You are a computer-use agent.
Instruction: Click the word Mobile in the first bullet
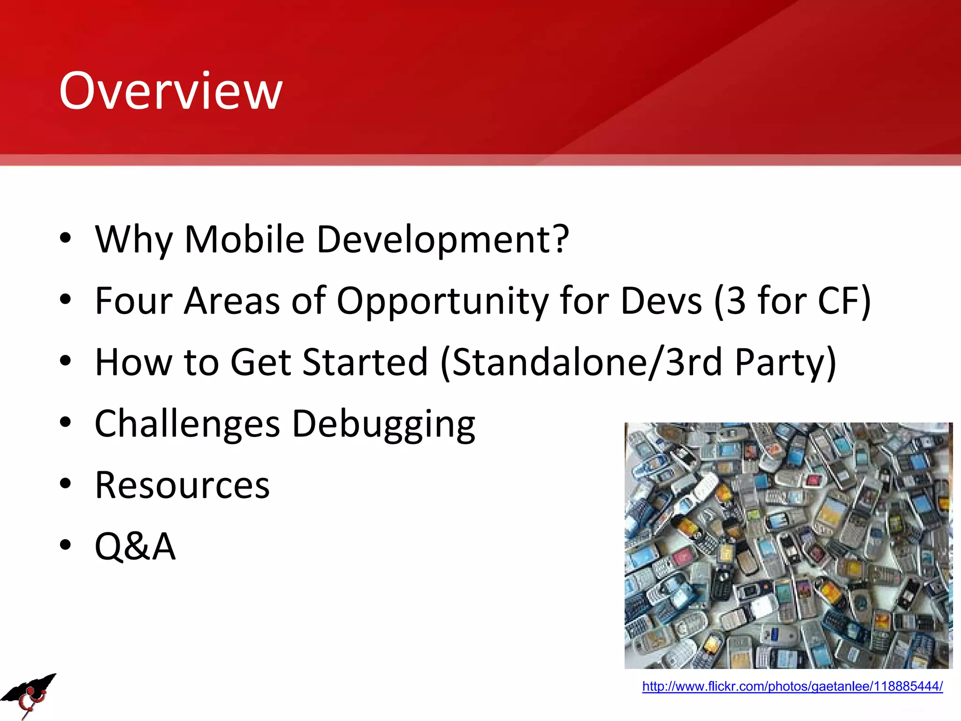[x=244, y=239]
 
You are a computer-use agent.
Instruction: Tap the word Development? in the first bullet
[x=443, y=240]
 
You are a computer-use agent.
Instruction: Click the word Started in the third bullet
[x=365, y=362]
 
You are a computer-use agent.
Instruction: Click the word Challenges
[x=187, y=424]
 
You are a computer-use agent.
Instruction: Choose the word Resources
[x=182, y=485]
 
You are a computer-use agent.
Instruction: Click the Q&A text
[x=135, y=546]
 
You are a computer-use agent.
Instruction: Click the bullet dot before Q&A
[x=65, y=545]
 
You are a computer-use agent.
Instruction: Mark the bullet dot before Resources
[x=65, y=483]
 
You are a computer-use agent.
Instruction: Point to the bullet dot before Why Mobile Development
[x=65, y=238]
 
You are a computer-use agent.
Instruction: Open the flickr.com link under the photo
[x=792, y=686]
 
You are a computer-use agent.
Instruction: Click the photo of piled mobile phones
[x=788, y=545]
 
